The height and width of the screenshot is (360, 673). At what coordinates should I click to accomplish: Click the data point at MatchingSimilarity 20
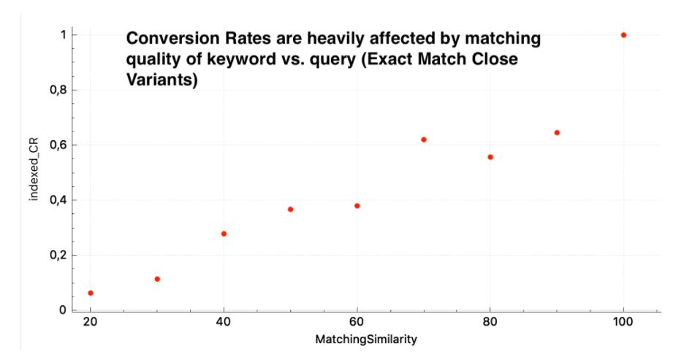point(91,293)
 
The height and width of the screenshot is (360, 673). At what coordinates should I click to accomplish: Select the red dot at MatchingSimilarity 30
point(157,279)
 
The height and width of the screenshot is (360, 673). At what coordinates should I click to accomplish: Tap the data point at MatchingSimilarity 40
point(224,234)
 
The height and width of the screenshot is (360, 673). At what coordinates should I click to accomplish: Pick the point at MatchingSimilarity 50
point(290,210)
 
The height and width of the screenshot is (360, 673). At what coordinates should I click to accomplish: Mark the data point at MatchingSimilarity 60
point(357,206)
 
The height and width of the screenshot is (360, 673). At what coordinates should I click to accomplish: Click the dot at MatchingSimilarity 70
point(424,139)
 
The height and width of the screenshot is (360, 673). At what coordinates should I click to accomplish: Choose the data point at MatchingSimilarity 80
point(490,157)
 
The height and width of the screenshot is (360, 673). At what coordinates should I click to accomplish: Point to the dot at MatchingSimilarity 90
point(557,133)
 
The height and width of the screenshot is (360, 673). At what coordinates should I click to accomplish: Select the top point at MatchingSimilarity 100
point(623,35)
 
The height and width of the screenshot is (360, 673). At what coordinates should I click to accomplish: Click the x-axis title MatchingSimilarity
point(357,340)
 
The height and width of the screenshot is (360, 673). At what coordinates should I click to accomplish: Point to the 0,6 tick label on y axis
point(57,145)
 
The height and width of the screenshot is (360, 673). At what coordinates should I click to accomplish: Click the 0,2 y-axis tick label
point(57,256)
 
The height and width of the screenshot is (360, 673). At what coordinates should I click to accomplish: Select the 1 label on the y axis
point(64,35)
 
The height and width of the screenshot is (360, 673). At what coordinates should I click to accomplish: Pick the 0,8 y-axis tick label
point(57,91)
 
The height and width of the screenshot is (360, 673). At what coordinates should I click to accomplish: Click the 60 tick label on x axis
point(357,323)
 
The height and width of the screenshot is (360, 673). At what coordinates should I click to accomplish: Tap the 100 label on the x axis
point(623,323)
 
